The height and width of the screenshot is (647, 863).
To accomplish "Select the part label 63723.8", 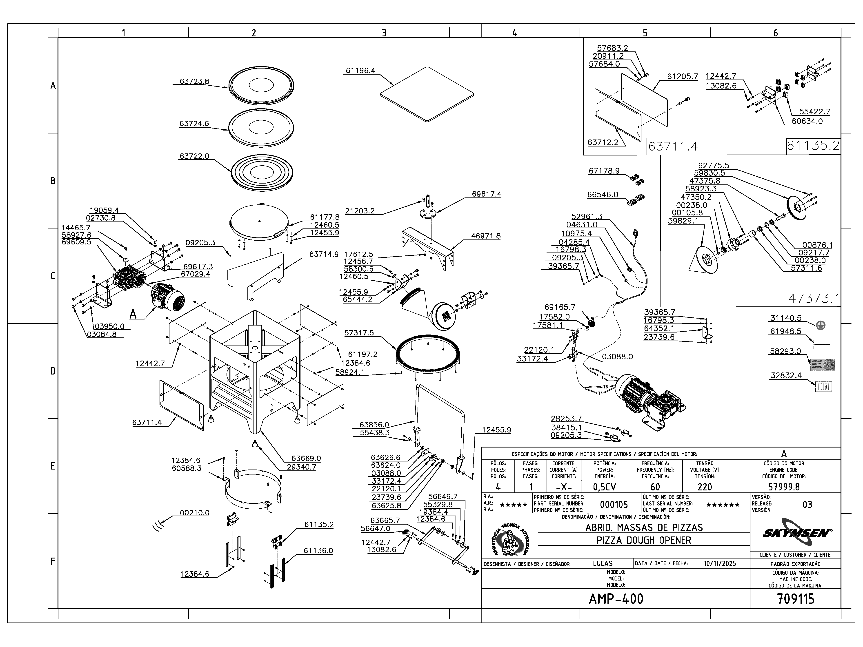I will coord(194,82).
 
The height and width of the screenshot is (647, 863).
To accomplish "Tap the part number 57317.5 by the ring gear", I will coord(359,333).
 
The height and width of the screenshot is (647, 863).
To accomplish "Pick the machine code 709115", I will coord(796,599).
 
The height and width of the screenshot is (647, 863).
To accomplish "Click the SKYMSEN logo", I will coord(796,533).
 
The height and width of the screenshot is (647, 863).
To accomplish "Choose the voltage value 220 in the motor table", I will coord(705,487).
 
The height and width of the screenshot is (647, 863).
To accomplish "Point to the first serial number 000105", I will coord(614,505).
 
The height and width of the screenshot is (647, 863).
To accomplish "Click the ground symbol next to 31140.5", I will coord(821,325).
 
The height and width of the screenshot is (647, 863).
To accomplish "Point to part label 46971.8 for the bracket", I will coord(486,236).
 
